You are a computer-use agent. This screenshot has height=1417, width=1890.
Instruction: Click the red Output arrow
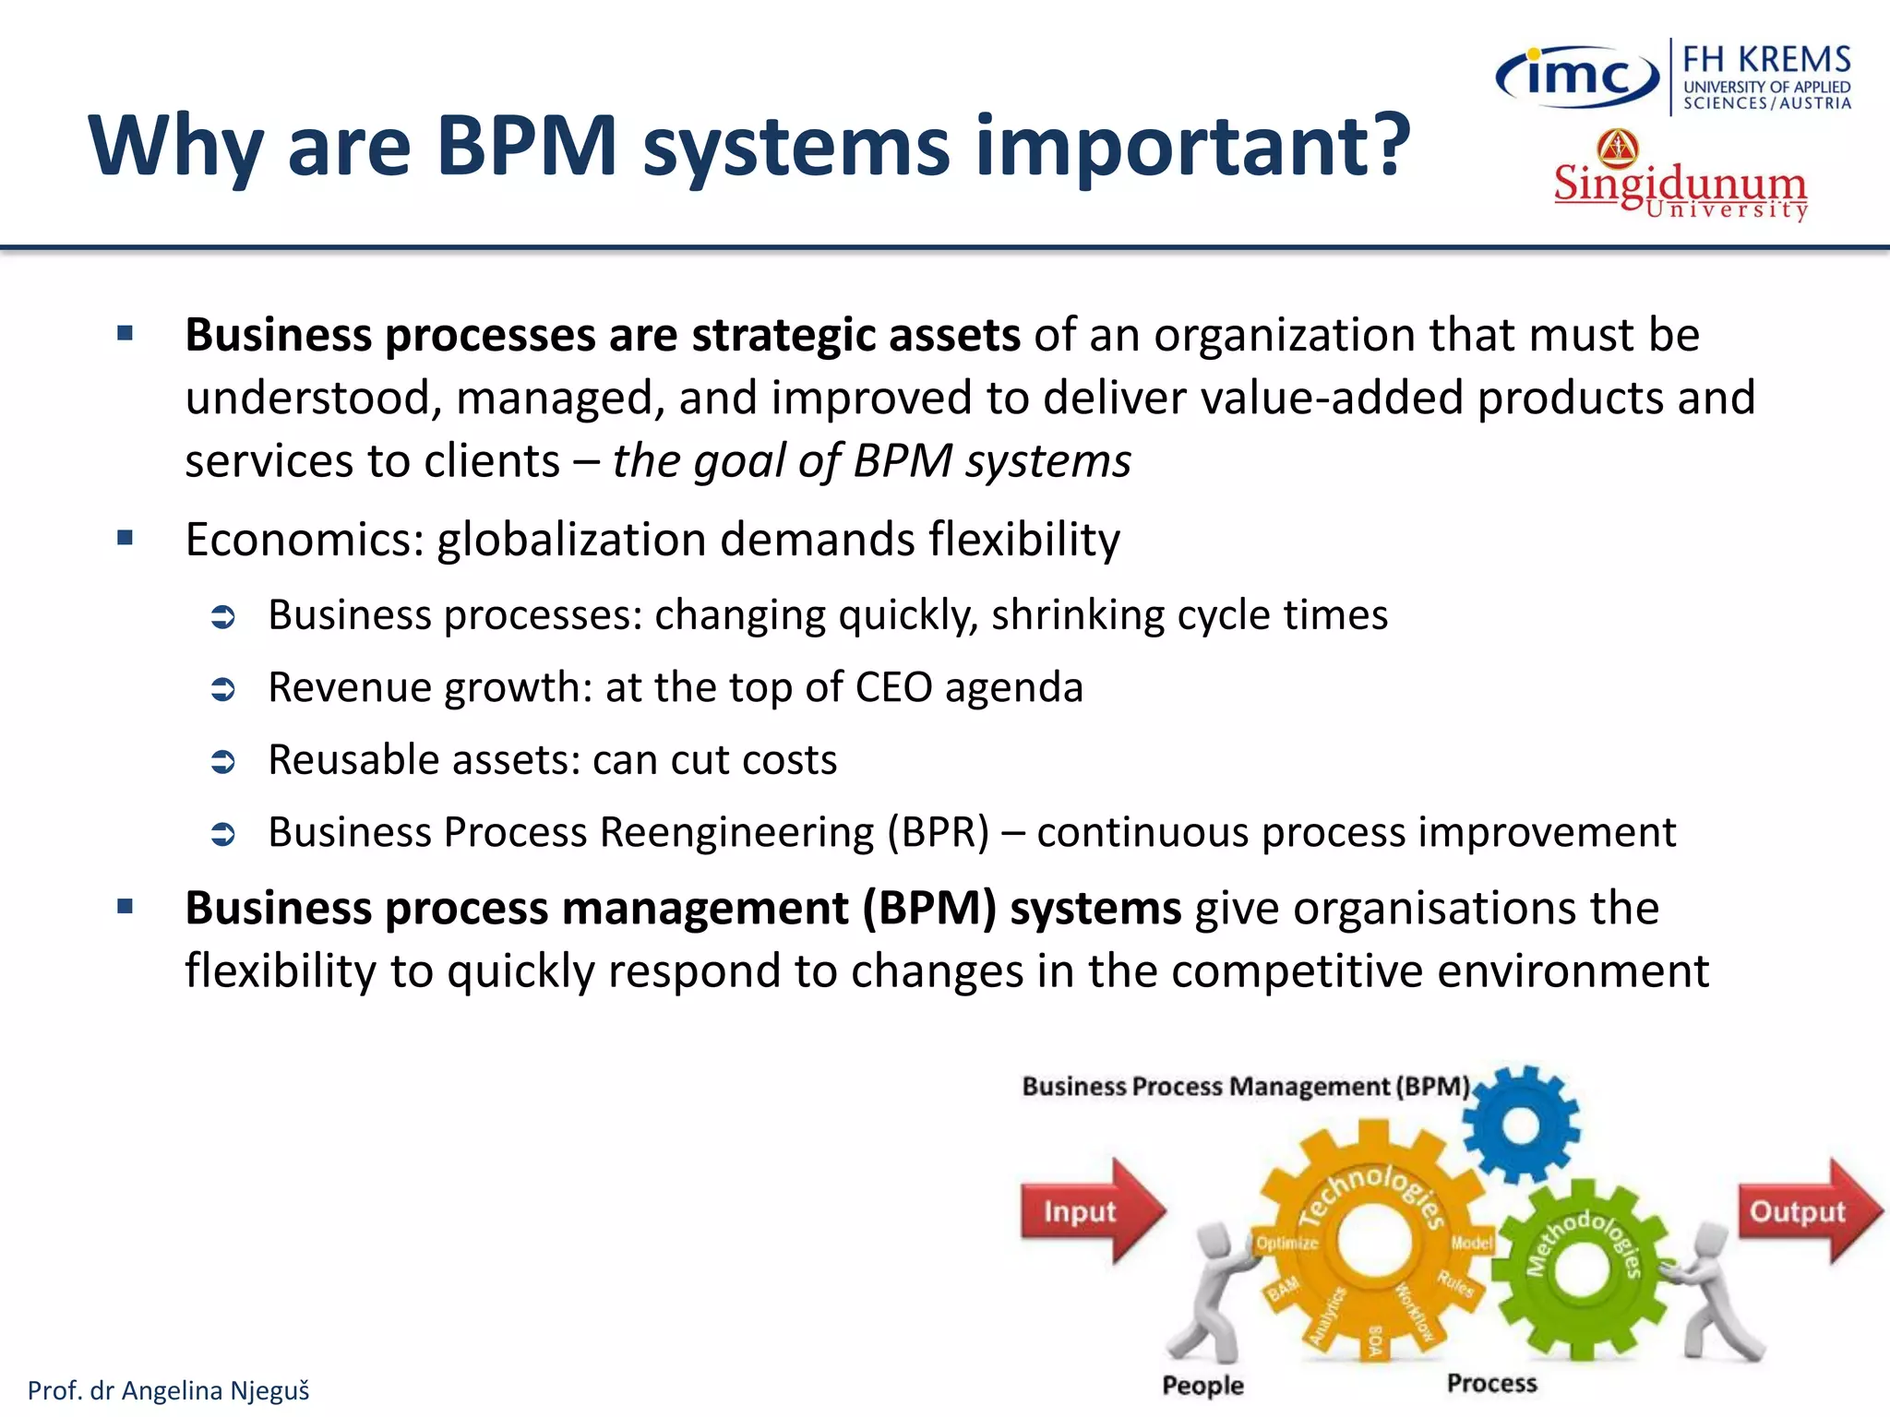[1804, 1210]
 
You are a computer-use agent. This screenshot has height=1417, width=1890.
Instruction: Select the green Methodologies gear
[1581, 1268]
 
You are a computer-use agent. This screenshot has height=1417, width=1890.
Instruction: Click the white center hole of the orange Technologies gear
[1373, 1242]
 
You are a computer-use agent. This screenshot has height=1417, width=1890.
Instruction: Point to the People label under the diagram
[1202, 1385]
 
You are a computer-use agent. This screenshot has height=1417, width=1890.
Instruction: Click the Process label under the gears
[1491, 1383]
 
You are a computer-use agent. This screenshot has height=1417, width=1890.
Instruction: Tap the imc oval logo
[1576, 76]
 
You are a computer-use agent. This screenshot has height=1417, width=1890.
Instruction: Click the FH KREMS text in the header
[1766, 59]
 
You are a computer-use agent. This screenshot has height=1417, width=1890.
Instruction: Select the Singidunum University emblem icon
[1618, 148]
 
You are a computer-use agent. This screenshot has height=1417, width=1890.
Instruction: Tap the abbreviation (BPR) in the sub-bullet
[938, 832]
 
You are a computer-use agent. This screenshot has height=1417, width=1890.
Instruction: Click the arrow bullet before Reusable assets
[223, 761]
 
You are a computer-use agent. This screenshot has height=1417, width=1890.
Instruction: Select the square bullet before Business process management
[126, 907]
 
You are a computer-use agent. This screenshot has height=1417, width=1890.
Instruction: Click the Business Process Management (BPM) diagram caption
[1245, 1086]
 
